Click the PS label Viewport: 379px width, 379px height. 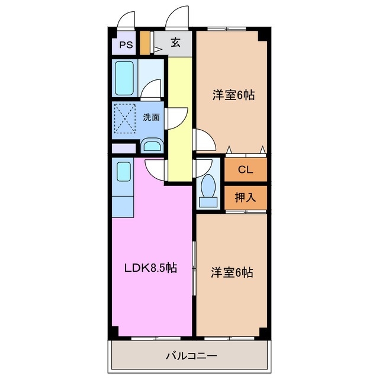125,44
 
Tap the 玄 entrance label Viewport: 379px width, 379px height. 176,43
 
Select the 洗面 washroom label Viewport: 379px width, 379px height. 152,117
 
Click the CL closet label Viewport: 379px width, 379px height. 245,169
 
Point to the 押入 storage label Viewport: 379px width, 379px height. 245,197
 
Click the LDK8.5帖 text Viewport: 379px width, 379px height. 150,268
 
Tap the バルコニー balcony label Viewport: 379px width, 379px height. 191,356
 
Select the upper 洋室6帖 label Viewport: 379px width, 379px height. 233,95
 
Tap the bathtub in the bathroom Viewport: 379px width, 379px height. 125,77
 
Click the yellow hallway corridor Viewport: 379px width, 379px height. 180,118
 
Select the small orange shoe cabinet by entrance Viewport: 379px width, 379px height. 145,43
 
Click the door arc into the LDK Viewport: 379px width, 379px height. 155,169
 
